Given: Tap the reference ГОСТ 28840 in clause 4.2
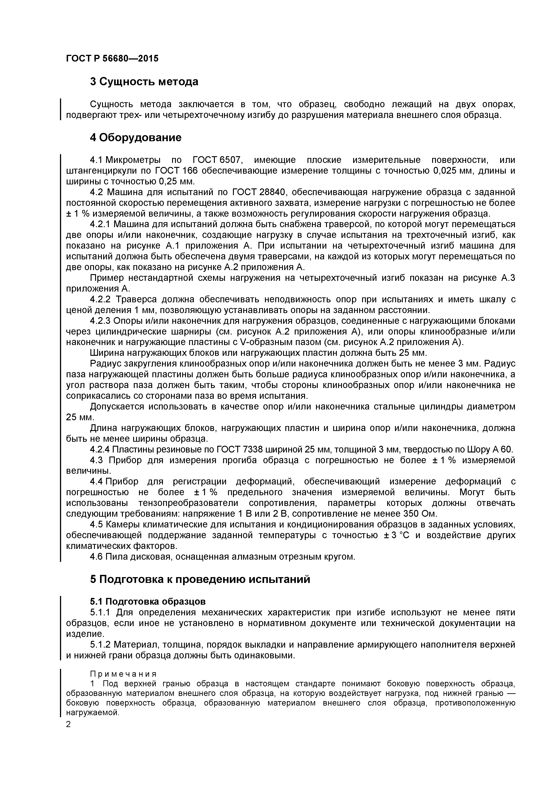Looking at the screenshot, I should [x=258, y=192].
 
